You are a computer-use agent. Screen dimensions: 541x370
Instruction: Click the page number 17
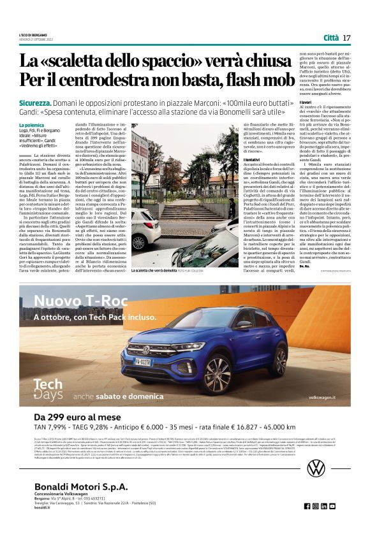tap(346, 38)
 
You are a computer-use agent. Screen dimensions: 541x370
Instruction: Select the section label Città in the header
tap(331, 38)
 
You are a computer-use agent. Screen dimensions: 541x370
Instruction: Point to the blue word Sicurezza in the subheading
tap(34, 103)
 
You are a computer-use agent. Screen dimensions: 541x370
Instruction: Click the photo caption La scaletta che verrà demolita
tap(159, 271)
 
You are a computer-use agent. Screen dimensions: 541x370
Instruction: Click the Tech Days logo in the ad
tap(48, 388)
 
